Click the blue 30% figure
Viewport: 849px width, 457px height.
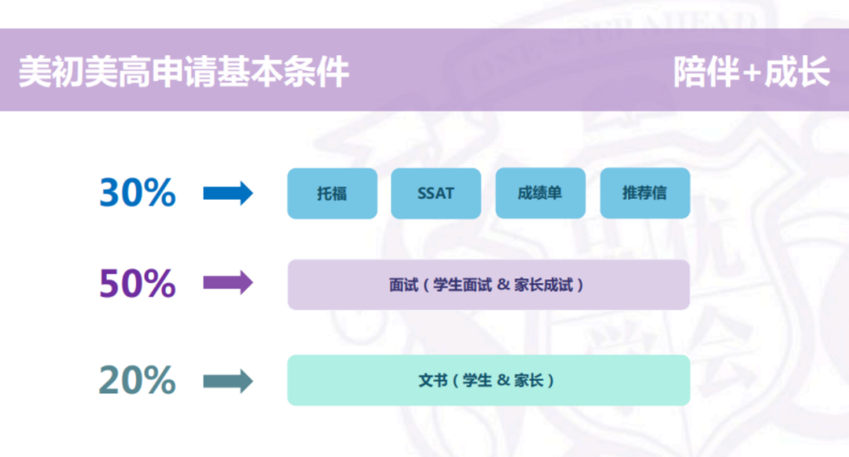click(138, 193)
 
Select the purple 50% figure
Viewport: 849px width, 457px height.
click(138, 284)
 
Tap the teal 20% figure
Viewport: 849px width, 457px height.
click(138, 381)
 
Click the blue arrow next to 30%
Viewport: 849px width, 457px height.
click(228, 193)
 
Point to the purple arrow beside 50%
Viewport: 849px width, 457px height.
click(228, 283)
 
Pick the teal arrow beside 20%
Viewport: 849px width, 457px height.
click(228, 381)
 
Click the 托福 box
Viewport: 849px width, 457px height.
click(333, 193)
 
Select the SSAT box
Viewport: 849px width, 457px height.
click(436, 193)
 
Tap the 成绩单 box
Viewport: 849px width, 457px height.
click(540, 193)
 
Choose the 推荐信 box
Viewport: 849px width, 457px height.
click(645, 193)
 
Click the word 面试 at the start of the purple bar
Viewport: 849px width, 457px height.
click(402, 285)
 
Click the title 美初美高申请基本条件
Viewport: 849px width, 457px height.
click(184, 72)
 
